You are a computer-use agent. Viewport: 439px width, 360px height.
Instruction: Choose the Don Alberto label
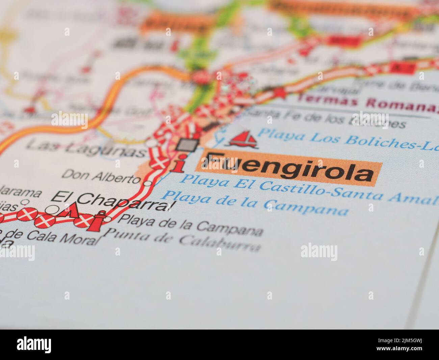(101, 176)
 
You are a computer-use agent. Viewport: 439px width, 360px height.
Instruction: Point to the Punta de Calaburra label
(182, 240)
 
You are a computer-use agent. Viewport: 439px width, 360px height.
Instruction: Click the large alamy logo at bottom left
(34, 345)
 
